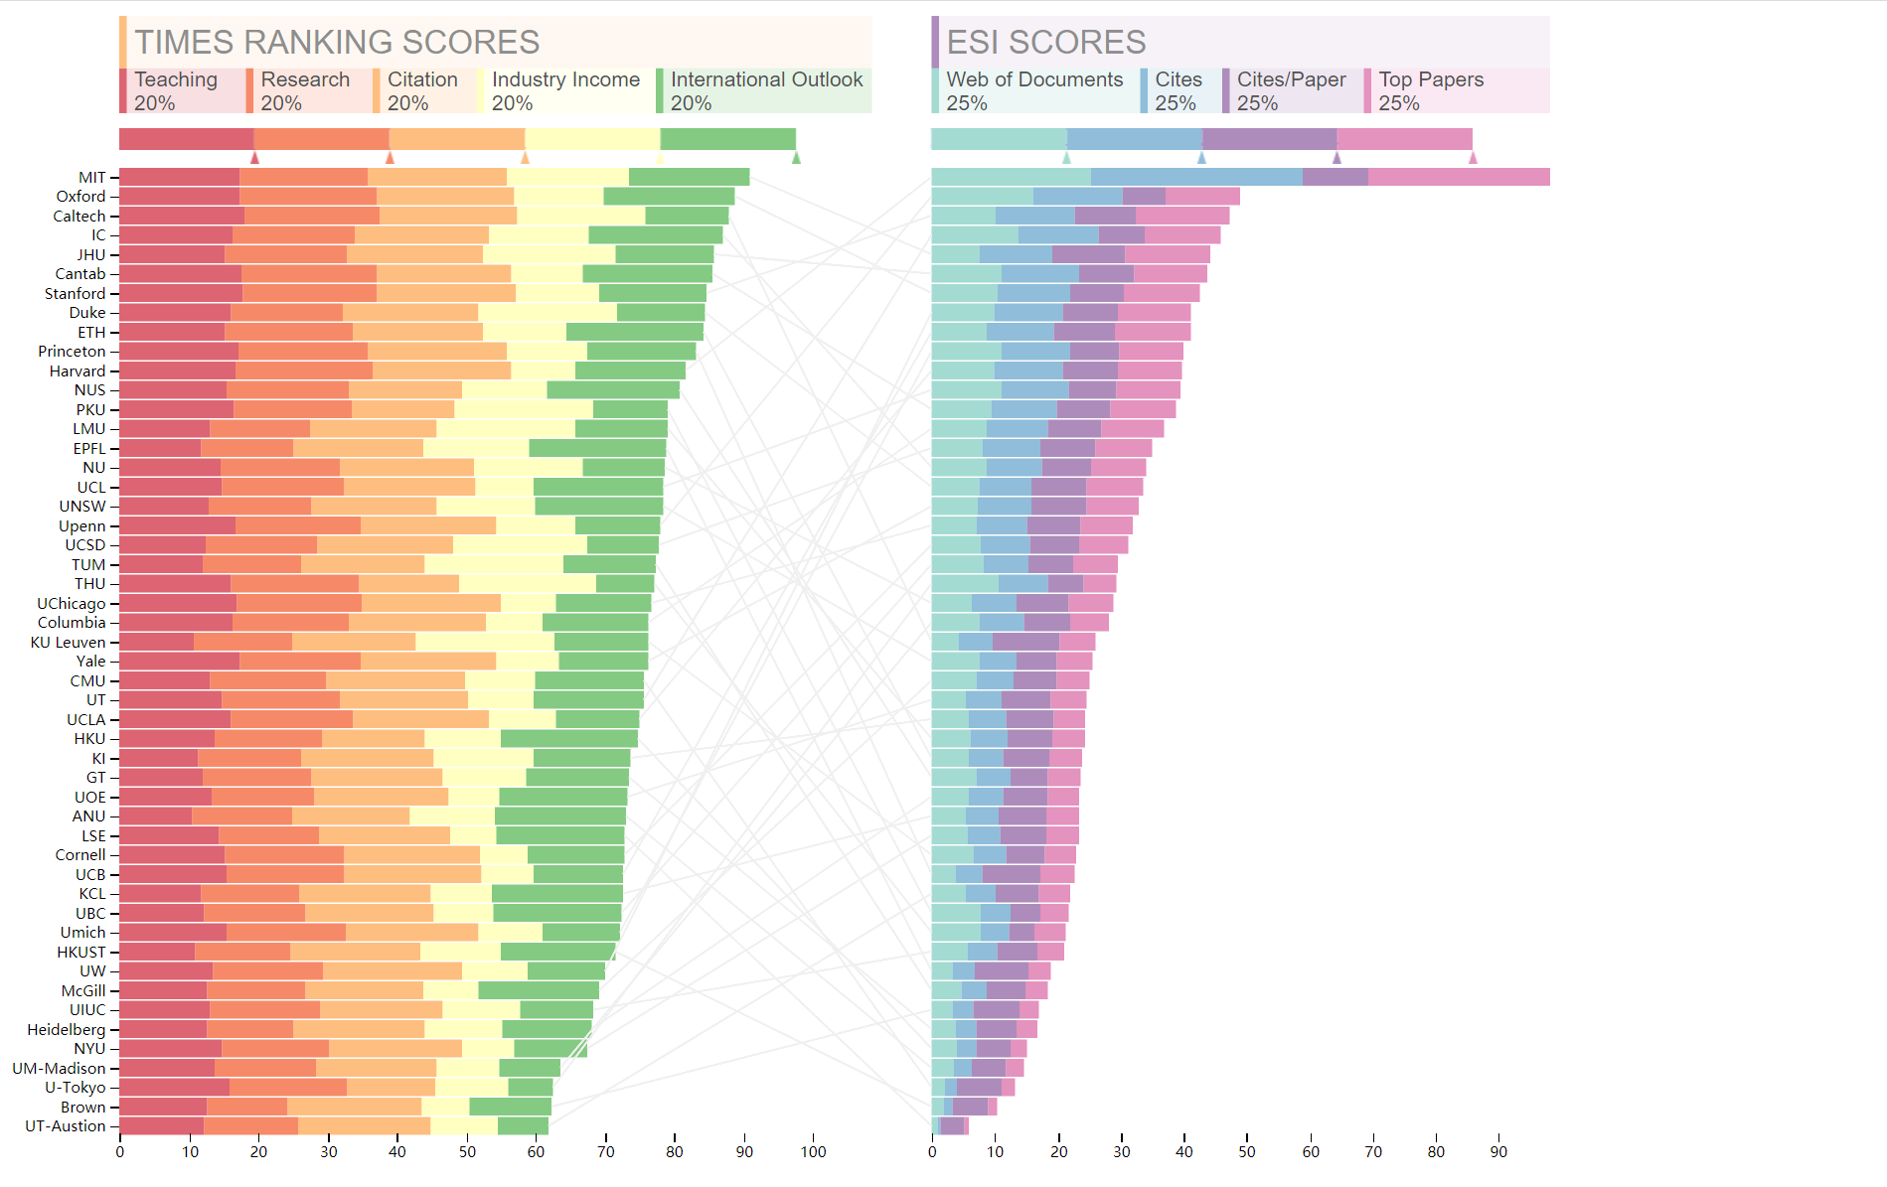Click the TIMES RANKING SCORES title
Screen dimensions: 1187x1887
[x=337, y=42]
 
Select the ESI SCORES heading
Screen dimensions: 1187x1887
[x=1045, y=42]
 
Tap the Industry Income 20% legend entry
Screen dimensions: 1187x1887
[x=565, y=90]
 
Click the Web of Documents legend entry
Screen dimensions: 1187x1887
[x=1033, y=90]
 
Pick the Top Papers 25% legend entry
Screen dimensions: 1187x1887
[x=1430, y=90]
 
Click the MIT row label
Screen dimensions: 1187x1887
[x=91, y=178]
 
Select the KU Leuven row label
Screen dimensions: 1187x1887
[x=68, y=643]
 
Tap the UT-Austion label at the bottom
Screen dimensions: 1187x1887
[x=65, y=1126]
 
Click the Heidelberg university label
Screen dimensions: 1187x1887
[x=66, y=1030]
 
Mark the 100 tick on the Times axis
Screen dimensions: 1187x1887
[x=813, y=1152]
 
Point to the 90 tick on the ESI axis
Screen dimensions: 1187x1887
[x=1498, y=1152]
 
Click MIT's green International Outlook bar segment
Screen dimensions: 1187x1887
[x=689, y=178]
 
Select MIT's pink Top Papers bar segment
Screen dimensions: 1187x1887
[x=1458, y=178]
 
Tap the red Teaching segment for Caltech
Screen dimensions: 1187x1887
[x=181, y=217]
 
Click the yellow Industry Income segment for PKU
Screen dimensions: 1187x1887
[x=523, y=410]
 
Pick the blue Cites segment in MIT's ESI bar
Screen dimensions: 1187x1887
[x=1196, y=178]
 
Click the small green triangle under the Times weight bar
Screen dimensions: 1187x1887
[x=796, y=157]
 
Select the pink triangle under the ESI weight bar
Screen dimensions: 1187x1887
[x=1473, y=157]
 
